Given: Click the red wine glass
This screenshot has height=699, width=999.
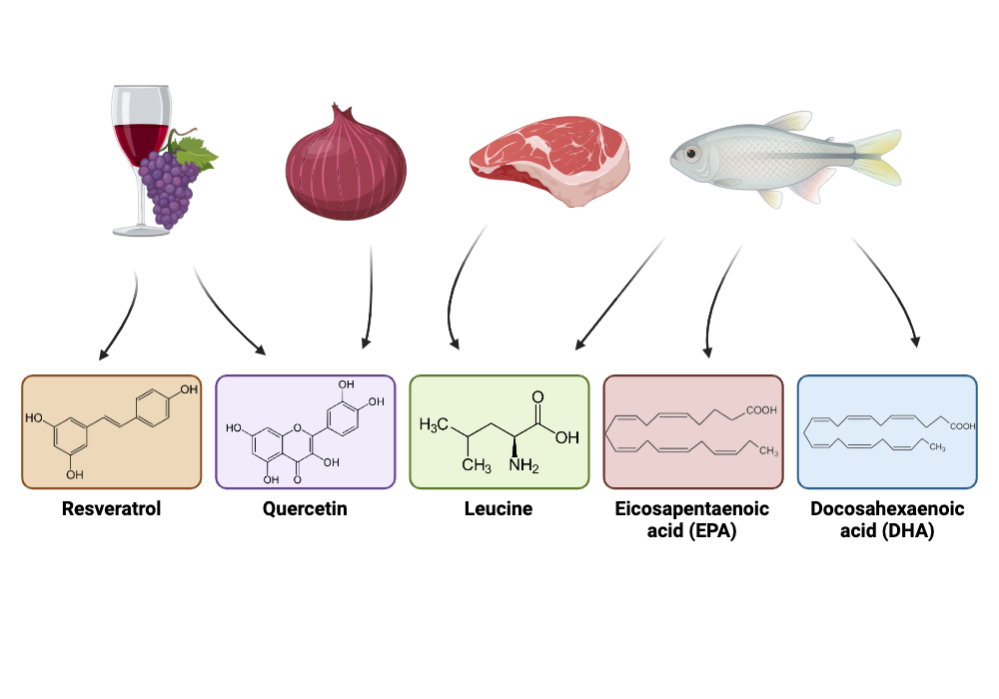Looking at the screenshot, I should (140, 130).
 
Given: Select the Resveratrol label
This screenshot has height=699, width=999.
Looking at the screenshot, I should (111, 509).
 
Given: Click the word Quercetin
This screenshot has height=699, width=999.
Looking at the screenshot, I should (305, 509).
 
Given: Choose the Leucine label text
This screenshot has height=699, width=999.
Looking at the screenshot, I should (499, 509).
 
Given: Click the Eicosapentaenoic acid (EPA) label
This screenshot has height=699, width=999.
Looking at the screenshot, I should (692, 520).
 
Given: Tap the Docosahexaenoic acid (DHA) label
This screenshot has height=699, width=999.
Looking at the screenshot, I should (887, 520).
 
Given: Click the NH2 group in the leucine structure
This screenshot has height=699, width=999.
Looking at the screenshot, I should (520, 465).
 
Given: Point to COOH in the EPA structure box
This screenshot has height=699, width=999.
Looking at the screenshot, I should (756, 410).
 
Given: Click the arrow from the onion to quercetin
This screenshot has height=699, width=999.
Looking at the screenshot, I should (370, 300).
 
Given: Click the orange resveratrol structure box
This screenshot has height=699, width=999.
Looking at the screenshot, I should (111, 432).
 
